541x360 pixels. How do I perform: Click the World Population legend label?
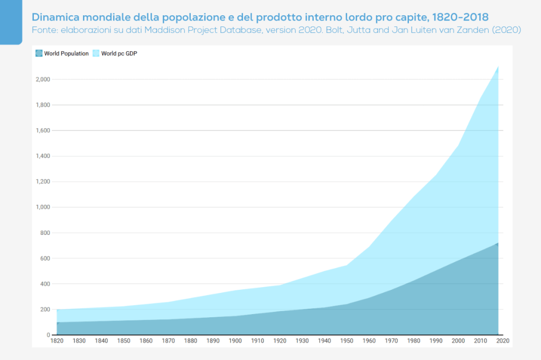tap(67, 54)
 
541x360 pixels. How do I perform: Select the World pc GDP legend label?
tap(120, 54)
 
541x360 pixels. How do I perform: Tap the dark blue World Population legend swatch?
tap(39, 53)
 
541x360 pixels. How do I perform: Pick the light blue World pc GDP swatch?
tap(96, 53)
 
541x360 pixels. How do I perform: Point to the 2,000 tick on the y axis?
tap(43, 80)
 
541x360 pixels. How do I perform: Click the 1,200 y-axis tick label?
tap(43, 182)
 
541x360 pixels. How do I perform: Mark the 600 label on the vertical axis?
tap(45, 259)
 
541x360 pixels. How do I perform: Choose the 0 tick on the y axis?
tap(48, 335)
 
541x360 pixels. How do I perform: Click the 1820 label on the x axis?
tap(57, 342)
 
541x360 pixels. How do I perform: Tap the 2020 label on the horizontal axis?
tap(502, 342)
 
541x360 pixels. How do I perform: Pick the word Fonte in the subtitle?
tap(44, 30)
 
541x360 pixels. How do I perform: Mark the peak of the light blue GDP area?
tap(498, 67)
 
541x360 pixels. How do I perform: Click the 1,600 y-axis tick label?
tap(43, 131)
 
